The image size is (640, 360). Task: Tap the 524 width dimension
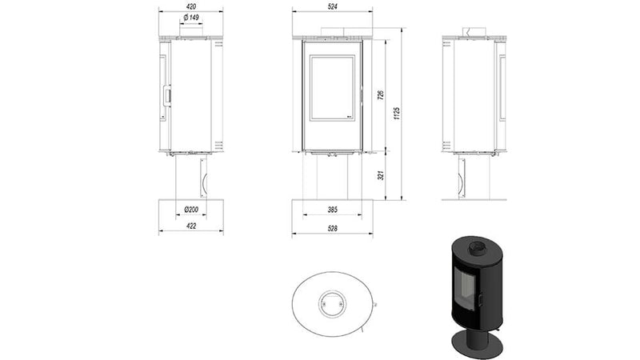click(332, 7)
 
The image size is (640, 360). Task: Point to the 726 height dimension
click(382, 94)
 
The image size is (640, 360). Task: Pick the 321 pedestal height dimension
click(382, 174)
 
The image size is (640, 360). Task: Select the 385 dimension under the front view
click(331, 210)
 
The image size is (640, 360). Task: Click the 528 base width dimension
click(332, 230)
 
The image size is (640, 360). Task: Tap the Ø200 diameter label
click(190, 210)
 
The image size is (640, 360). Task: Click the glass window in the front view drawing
click(331, 87)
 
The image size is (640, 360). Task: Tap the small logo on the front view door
click(350, 118)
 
